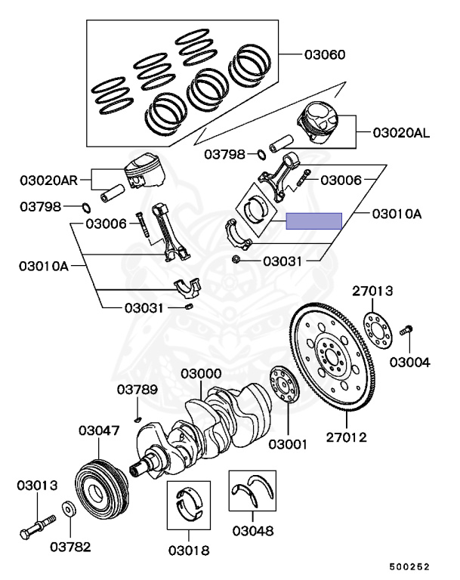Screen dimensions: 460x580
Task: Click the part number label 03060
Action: tap(325, 54)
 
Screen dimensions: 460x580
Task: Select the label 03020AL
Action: tap(401, 133)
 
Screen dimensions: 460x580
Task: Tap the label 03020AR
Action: tap(48, 180)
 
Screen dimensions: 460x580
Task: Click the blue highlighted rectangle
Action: tap(313, 221)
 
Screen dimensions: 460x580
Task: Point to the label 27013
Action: tap(372, 291)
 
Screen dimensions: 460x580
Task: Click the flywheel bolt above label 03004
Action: tap(406, 329)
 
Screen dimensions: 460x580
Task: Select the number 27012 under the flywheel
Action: tap(347, 437)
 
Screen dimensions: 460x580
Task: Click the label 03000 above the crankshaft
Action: tap(201, 374)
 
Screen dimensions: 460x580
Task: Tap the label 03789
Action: tap(137, 390)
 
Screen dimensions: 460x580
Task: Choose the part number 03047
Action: tap(99, 430)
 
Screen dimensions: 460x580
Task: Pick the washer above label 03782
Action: tap(69, 509)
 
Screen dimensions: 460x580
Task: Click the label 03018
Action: tap(189, 551)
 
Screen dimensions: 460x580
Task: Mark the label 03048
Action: tap(253, 531)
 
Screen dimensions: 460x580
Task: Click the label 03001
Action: tap(288, 444)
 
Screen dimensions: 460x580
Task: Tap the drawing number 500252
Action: tap(409, 567)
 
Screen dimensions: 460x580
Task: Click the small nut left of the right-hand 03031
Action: tap(235, 259)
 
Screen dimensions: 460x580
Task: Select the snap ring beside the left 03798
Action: tap(86, 208)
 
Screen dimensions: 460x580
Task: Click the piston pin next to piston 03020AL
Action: tap(281, 144)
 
